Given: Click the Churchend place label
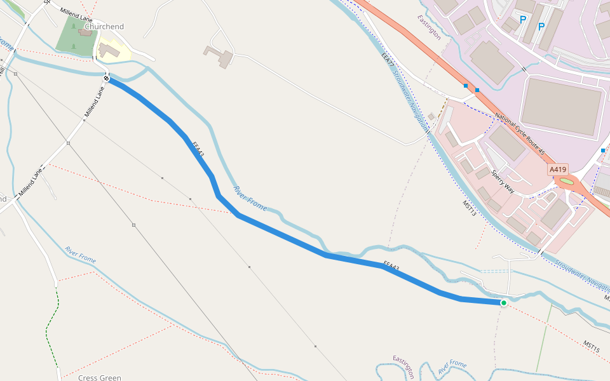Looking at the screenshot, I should click(104, 27).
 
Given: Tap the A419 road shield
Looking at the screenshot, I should click(558, 170).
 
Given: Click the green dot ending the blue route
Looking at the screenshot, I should click(503, 303).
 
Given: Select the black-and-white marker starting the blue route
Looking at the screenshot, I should click(107, 79).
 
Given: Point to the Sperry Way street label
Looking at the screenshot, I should click(502, 180).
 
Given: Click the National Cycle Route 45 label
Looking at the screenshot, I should click(520, 134).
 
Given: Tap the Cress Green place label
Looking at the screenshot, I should click(100, 377).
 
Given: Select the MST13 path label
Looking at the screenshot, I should click(469, 208).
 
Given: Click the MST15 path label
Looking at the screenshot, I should click(592, 346).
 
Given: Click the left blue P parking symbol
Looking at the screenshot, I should click(523, 20).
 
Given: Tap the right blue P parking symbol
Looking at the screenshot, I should click(541, 27).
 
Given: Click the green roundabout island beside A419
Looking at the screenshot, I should click(567, 183).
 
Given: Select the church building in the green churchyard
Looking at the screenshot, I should click(85, 32).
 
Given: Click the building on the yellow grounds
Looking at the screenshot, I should click(108, 50).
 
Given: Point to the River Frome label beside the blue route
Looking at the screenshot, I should click(250, 198).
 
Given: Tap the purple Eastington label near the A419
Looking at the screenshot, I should click(429, 27).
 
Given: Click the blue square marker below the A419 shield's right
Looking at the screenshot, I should click(602, 150).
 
